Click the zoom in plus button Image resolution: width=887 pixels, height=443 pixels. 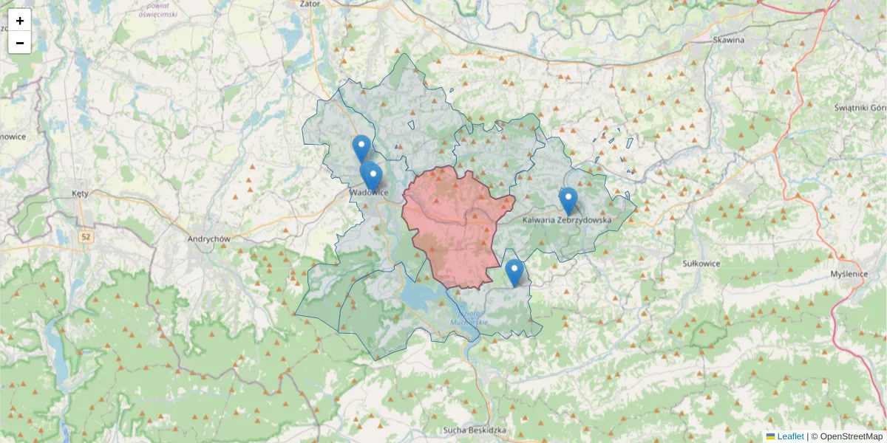click(20, 21)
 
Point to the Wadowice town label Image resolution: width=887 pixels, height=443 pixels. click(370, 193)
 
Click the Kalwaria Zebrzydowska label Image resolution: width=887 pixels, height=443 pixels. click(567, 220)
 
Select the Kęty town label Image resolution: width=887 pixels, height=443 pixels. click(80, 193)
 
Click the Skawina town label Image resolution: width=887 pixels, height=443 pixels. click(728, 40)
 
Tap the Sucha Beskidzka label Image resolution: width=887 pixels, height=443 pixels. click(474, 430)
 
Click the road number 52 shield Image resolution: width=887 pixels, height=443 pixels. click(86, 236)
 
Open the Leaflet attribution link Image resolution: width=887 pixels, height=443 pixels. click(789, 436)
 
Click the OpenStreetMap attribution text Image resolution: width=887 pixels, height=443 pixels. click(851, 436)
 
